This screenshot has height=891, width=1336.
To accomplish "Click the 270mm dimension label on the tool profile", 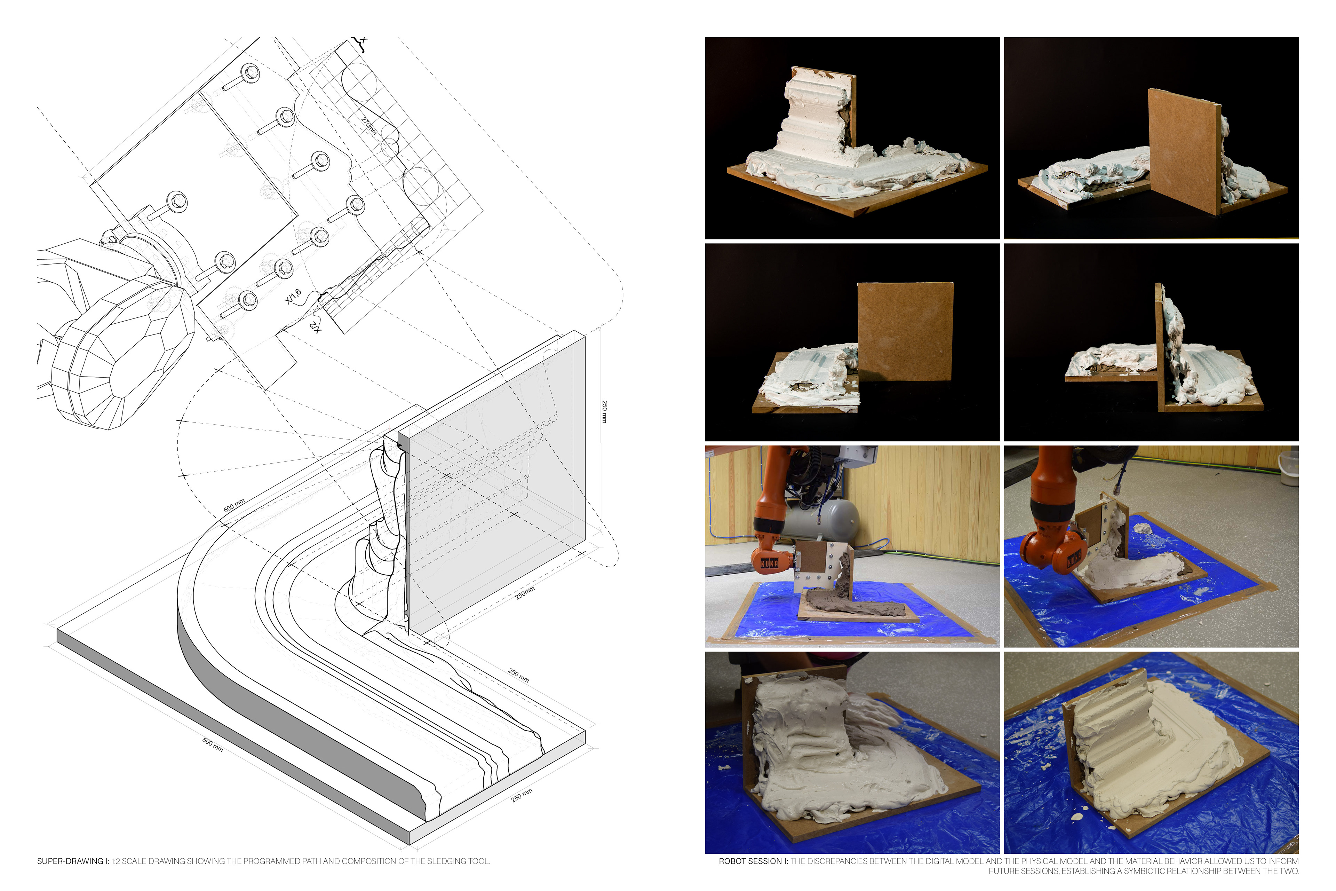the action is pos(369,126).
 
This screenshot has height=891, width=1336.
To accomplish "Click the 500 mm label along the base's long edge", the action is pos(213,744).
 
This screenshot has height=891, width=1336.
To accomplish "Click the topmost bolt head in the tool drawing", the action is pos(250,72).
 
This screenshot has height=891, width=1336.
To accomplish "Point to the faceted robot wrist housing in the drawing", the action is pos(122,352).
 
